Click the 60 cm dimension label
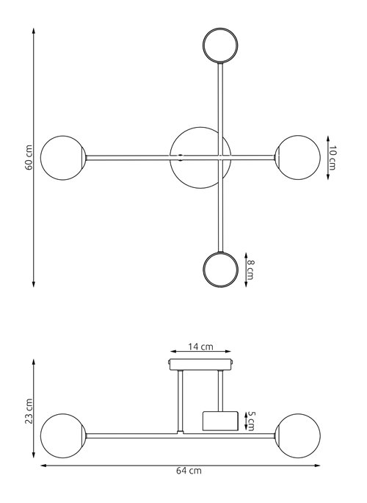point(29,157)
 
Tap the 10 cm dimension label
point(333,158)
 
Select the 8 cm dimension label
point(250,269)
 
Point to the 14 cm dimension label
point(200,347)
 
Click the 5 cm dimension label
point(250,421)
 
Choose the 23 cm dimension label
point(29,411)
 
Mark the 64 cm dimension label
point(189,471)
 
